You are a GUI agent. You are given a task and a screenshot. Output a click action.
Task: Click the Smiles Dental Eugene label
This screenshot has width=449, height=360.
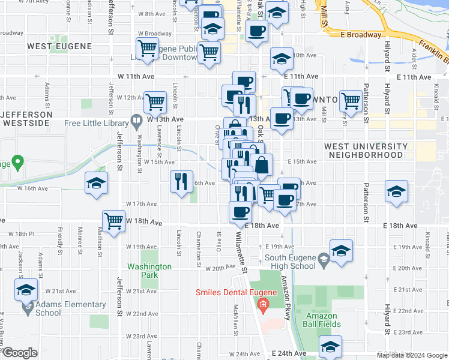234,293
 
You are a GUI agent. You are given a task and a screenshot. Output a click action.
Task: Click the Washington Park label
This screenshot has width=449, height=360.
142,271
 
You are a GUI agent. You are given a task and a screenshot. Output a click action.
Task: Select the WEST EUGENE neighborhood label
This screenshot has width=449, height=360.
59,46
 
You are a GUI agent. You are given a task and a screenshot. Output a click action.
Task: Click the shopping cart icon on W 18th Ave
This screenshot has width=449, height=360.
113,221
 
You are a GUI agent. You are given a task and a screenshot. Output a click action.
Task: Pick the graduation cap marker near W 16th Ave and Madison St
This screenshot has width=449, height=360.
96,184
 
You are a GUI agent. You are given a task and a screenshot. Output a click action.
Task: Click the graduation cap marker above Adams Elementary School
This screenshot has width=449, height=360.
26,291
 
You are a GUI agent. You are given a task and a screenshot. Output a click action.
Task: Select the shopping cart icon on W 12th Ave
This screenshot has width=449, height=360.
155,102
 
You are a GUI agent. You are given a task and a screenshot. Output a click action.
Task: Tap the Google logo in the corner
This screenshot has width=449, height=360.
20,353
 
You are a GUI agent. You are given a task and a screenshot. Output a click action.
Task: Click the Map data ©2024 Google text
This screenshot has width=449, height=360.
412,355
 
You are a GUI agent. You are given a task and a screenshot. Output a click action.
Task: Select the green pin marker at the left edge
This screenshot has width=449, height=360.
17,162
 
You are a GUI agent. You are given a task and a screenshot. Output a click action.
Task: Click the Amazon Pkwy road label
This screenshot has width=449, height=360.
284,297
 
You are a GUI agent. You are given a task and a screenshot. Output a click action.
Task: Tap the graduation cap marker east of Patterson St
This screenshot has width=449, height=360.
396,192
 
